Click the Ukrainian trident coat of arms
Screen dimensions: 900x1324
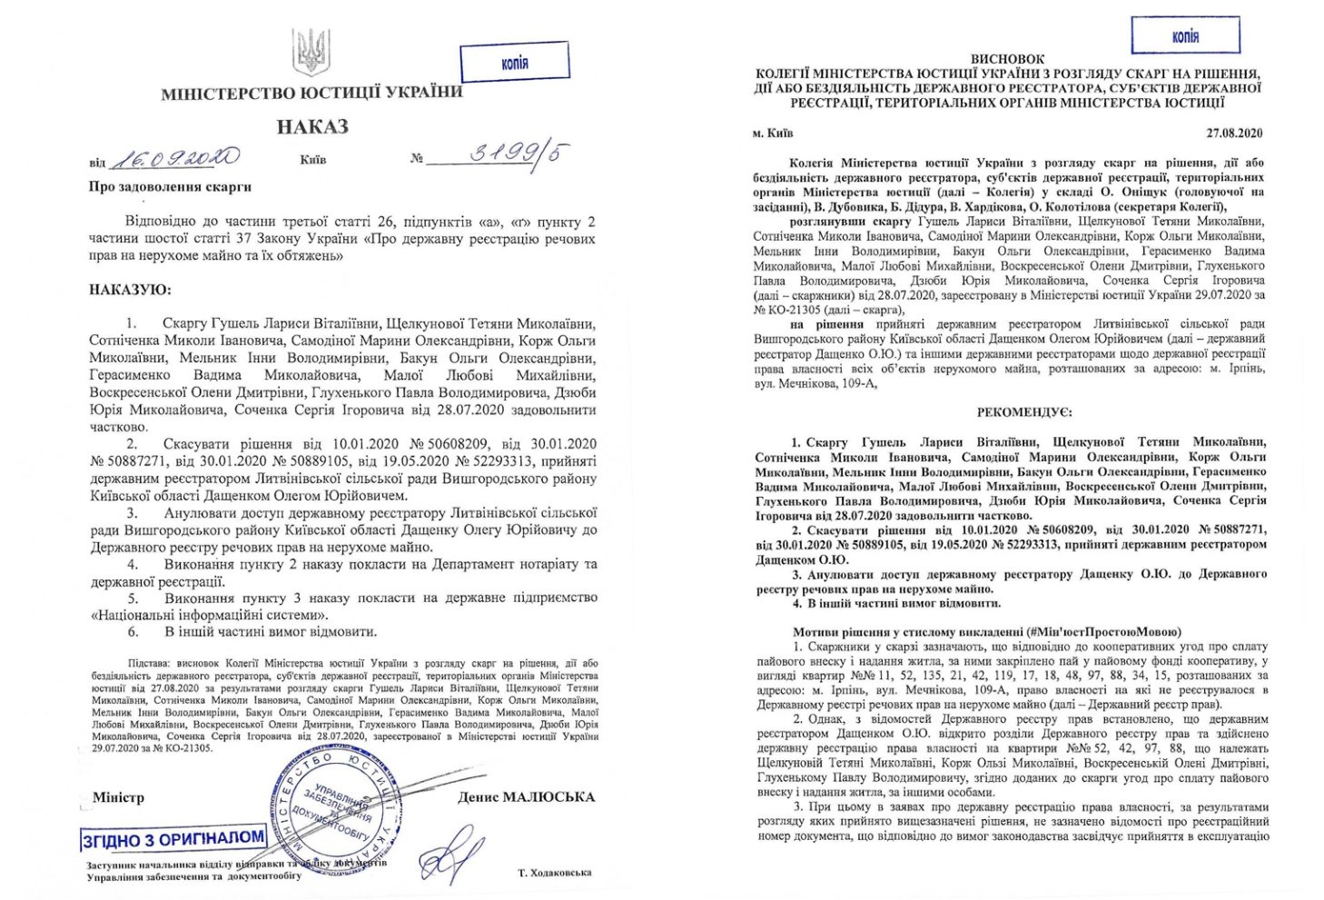[x=311, y=52]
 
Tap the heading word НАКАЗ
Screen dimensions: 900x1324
[x=313, y=127]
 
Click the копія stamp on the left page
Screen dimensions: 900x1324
[x=514, y=63]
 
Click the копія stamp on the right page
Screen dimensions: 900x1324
[x=1185, y=36]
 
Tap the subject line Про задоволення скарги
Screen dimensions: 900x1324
[x=170, y=187]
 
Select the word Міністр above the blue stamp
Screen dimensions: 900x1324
[x=119, y=797]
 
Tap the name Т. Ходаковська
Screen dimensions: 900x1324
[x=554, y=873]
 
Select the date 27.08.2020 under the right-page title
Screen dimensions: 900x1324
[x=1234, y=133]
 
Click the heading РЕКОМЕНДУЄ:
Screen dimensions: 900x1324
[x=1012, y=412]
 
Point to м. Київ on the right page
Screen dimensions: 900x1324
[x=773, y=133]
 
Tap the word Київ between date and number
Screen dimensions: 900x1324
[x=313, y=160]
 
